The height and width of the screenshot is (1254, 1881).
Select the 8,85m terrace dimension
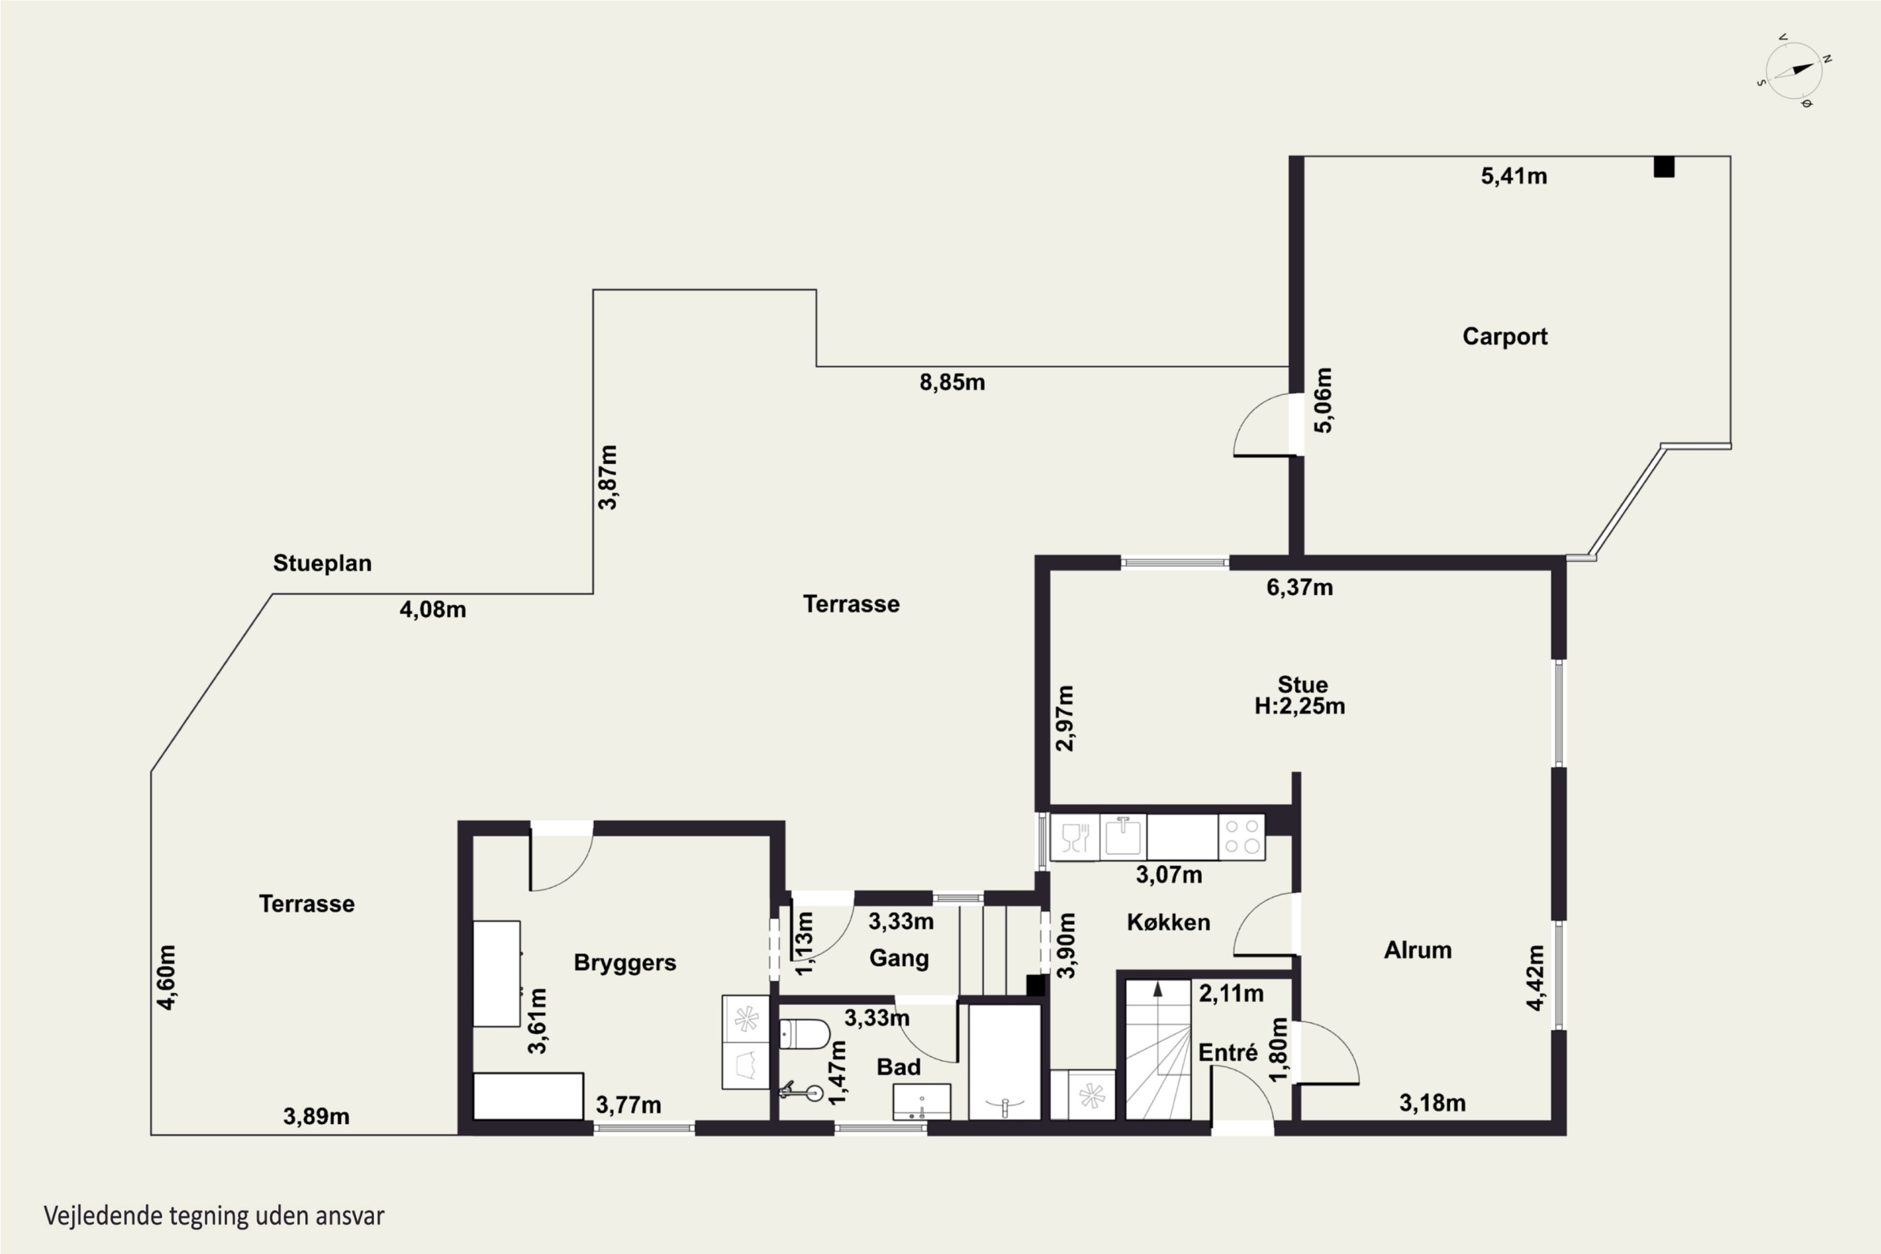(952, 382)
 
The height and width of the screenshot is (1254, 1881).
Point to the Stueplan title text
(322, 563)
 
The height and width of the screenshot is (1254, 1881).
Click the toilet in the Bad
(804, 1033)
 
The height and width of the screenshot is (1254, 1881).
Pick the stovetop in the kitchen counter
(1241, 836)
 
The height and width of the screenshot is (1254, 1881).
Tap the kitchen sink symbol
(1123, 836)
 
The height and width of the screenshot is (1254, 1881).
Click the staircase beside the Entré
(1158, 1049)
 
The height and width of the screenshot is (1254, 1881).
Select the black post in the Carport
(1664, 166)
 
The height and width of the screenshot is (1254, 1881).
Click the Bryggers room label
(624, 963)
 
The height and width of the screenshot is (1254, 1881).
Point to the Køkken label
(1169, 922)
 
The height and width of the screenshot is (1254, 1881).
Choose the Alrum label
(1418, 950)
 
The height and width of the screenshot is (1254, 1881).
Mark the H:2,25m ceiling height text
(1300, 706)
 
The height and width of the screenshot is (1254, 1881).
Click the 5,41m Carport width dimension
(1514, 176)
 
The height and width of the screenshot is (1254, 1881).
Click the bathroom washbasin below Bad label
(921, 1102)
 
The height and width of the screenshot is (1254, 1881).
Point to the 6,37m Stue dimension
(1300, 588)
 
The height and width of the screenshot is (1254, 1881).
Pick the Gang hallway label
(899, 958)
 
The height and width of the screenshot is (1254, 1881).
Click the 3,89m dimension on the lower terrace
(316, 1117)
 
